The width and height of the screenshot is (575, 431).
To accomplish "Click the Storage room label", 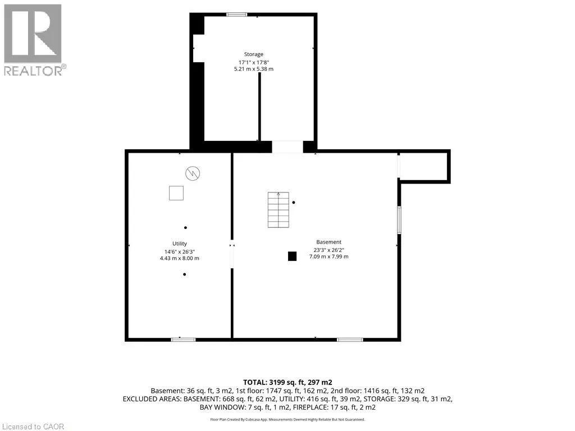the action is pos(254,54).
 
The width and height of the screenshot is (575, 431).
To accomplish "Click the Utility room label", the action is pos(180,244).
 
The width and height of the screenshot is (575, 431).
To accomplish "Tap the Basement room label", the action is pos(328,242).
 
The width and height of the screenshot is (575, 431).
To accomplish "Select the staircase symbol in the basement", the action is pos(279,210).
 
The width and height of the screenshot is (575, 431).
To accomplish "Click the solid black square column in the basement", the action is pos(292,256).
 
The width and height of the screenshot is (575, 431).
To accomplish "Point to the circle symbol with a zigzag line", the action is pos(193,173).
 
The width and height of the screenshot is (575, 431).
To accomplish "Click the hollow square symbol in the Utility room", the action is pos(176,193).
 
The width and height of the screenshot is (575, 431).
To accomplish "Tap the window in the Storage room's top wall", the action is pos(236,15).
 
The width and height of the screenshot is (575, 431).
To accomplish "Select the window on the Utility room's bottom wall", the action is pos(184,340).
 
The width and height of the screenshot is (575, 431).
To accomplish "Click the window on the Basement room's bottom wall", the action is pos(350,340).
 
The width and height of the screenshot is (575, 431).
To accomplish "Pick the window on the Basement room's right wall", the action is pos(399,220).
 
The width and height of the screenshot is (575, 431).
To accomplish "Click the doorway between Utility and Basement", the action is pos(232,255).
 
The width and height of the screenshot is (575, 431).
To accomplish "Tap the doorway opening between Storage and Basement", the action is pos(287,146).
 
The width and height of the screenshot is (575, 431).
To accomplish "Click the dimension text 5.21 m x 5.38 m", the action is pos(254,69).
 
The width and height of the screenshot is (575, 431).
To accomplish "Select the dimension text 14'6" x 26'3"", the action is pos(180,252).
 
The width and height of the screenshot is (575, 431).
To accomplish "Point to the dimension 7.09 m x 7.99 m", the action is pos(329,256).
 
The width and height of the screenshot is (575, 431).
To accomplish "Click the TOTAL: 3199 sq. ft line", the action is pos(288,383).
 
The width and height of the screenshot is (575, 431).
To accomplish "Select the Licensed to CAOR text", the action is pos(33,427).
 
